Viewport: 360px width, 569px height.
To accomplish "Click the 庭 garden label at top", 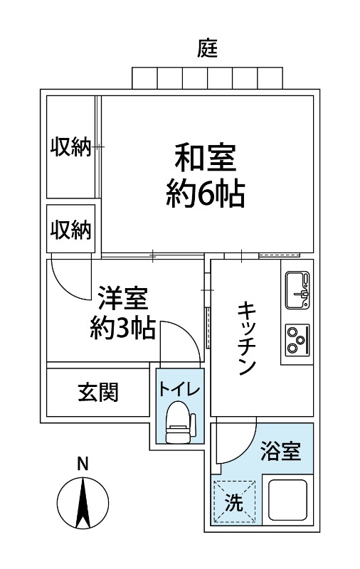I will tap(206, 49).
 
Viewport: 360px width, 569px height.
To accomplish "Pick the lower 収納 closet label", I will tap(71, 230).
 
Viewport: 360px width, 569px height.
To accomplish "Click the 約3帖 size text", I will tap(122, 329).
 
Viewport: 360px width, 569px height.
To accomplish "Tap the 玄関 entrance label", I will tap(98, 391).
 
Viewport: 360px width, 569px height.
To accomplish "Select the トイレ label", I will tap(179, 389).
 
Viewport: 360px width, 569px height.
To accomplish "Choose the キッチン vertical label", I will tap(246, 338).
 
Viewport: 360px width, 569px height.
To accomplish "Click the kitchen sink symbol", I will tap(297, 289).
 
